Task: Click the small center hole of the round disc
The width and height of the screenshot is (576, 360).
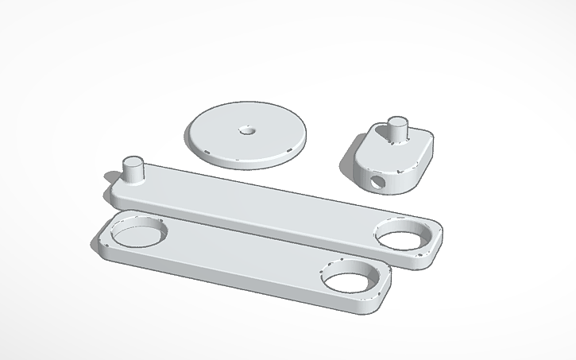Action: click(246, 127)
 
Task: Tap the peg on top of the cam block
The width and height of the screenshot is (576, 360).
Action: click(396, 132)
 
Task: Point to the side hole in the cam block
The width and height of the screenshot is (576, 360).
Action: click(376, 182)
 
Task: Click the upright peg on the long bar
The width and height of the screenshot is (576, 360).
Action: click(132, 171)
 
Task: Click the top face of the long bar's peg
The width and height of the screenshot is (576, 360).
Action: click(132, 161)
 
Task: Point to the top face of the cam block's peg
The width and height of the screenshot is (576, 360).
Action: click(397, 122)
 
